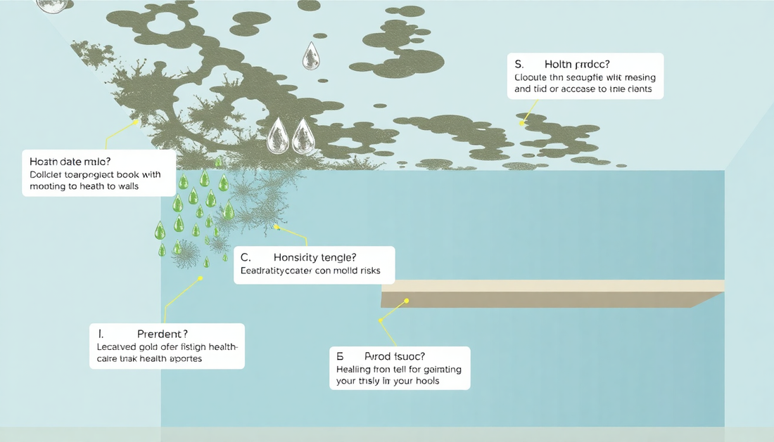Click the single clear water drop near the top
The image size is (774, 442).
(310, 57)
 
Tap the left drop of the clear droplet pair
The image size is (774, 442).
(279, 136)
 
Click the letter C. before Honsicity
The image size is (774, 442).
(245, 257)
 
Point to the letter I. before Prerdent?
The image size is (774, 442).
(100, 334)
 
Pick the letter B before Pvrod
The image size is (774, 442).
(339, 356)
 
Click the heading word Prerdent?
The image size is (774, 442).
(162, 334)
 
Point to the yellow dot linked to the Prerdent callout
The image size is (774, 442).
(201, 278)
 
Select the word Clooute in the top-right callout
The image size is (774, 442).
(532, 77)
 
